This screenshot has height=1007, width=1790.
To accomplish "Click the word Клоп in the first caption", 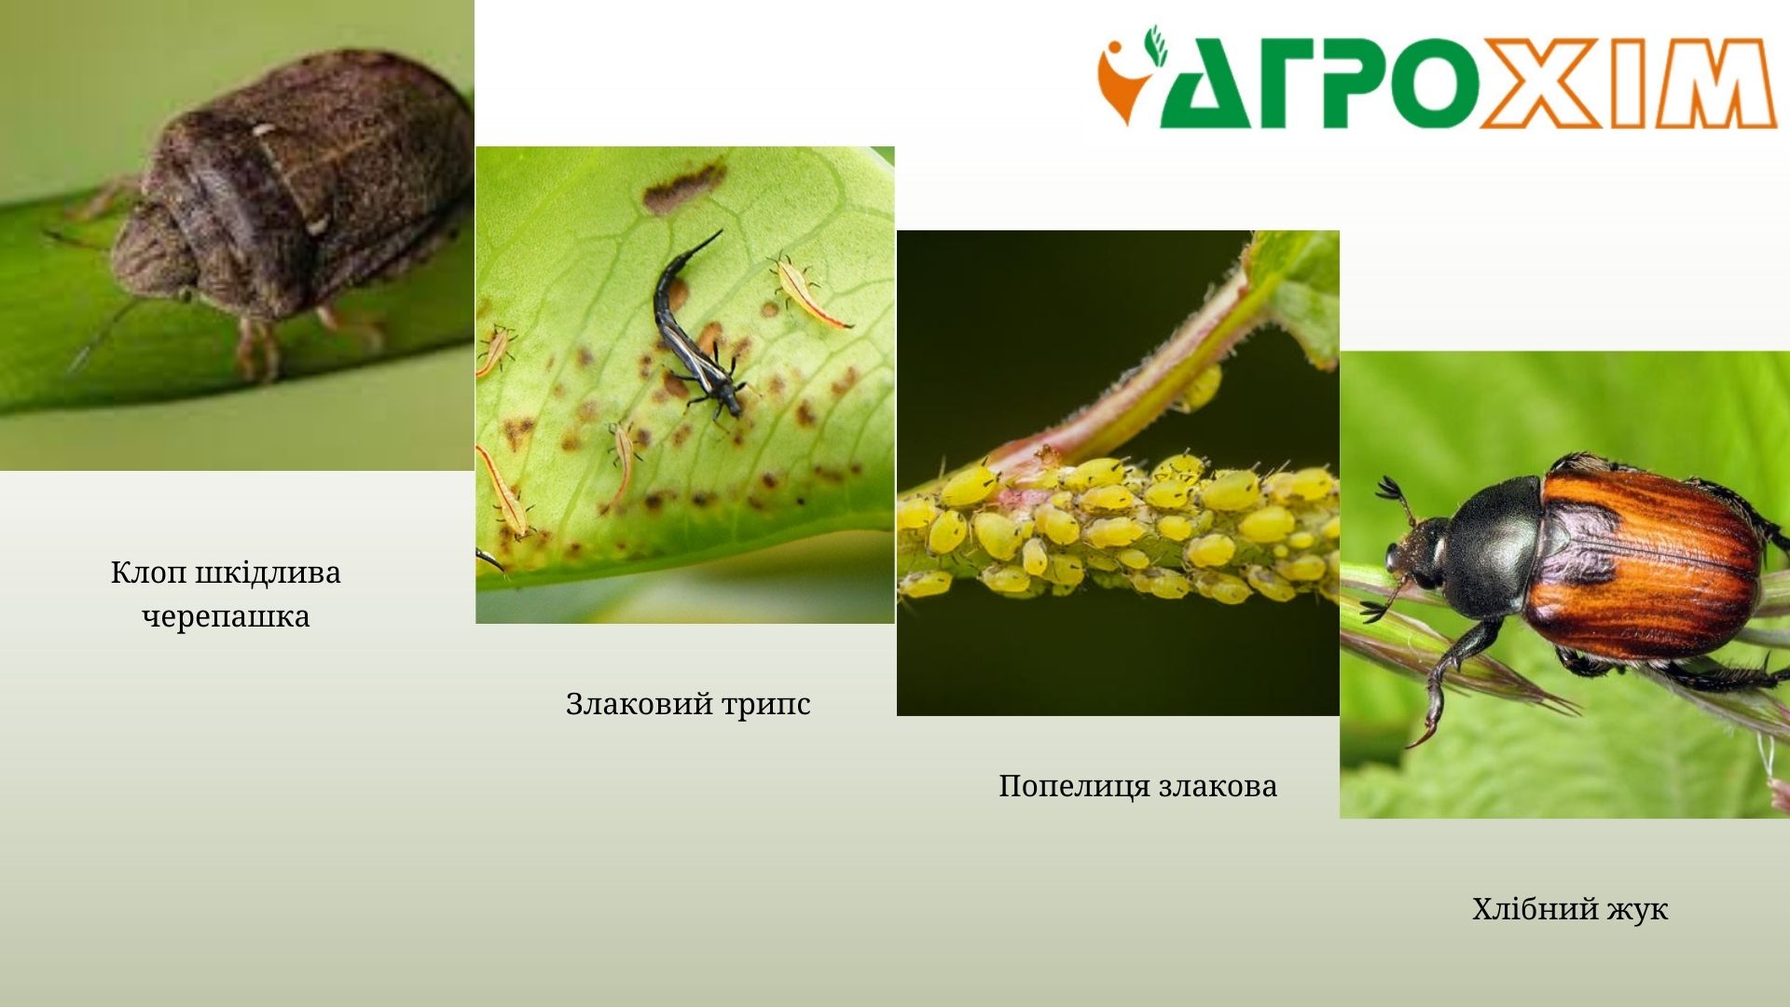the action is click(150, 572).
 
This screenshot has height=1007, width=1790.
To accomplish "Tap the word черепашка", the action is click(226, 617).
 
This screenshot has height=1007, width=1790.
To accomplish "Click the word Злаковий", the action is click(638, 704).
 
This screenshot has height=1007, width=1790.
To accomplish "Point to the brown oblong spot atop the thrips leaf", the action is click(683, 186).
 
